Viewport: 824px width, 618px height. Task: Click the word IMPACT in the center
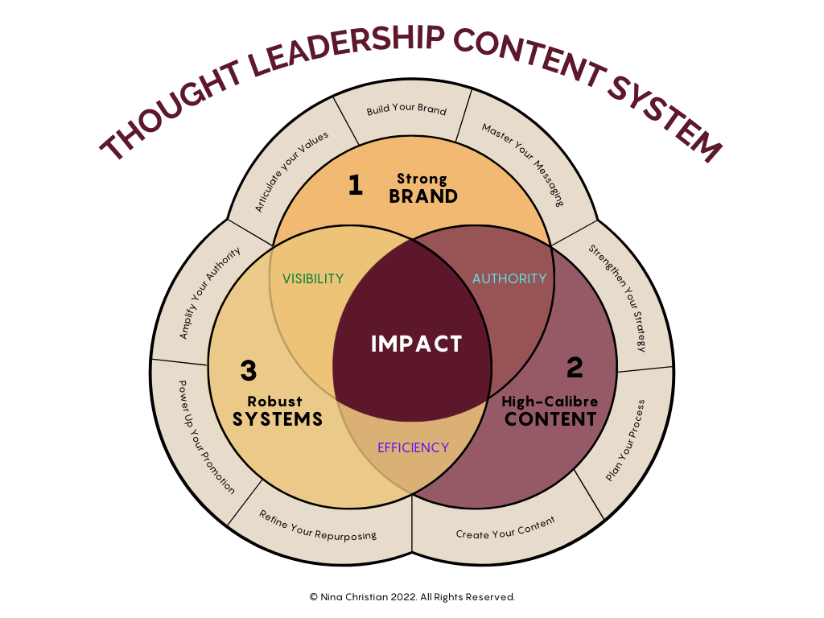416,344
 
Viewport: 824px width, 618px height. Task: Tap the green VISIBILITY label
313,279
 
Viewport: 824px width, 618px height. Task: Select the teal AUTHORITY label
509,278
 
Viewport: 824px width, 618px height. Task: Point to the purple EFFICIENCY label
413,447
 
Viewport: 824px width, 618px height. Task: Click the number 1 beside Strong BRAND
355,186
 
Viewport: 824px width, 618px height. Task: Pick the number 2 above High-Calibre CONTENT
575,368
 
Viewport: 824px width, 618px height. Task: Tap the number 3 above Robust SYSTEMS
249,371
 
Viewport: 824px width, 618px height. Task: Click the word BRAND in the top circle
423,196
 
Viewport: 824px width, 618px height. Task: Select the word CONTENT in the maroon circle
550,419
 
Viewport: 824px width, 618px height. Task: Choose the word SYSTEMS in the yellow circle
278,419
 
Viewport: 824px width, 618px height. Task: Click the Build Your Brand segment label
406,109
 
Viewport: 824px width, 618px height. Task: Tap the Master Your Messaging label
522,164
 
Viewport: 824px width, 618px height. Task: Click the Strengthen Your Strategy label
617,298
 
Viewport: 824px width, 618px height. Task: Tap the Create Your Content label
505,529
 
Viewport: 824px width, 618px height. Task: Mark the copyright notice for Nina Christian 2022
411,597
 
